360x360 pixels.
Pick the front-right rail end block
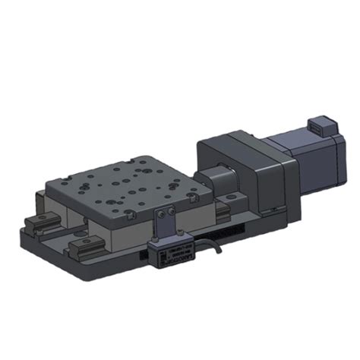pyautogui.click(x=87, y=247)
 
